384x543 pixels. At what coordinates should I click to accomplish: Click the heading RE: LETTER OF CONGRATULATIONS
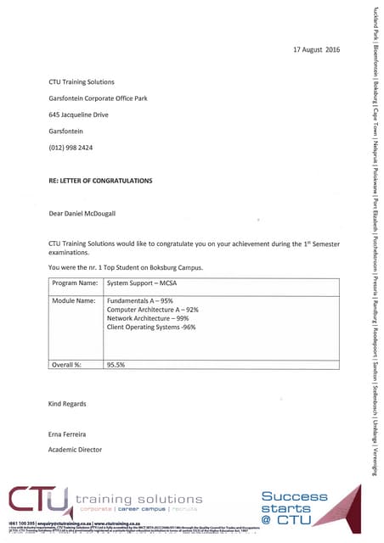[101, 181]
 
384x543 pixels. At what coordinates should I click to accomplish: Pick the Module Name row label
[74, 300]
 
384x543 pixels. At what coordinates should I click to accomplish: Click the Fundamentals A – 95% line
[140, 300]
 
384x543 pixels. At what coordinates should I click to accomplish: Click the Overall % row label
[69, 364]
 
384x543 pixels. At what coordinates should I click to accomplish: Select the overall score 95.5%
[116, 364]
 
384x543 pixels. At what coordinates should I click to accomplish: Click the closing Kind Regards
[68, 404]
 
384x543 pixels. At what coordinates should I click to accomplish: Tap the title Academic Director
[76, 449]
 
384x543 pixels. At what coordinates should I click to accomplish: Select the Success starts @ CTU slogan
[293, 507]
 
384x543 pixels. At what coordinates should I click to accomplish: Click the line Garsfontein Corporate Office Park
[99, 98]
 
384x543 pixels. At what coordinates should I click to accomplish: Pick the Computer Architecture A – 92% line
[152, 310]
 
